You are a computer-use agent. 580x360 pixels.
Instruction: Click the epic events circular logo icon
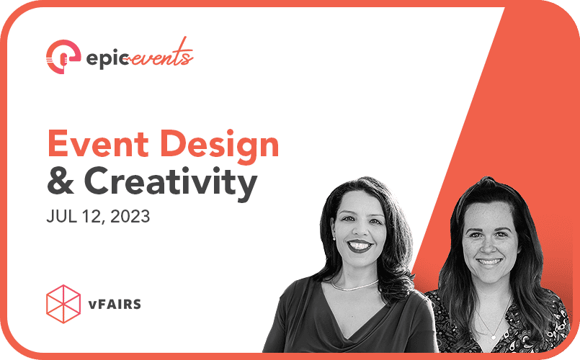pyautogui.click(x=63, y=56)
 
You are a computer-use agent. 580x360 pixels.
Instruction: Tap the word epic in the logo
pyautogui.click(x=105, y=58)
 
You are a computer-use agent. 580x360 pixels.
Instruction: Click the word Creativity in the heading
pyautogui.click(x=172, y=184)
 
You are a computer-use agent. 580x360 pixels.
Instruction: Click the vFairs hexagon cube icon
pyautogui.click(x=63, y=302)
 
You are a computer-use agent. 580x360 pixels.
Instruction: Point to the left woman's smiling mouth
pyautogui.click(x=359, y=246)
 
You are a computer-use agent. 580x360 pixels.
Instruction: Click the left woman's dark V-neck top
pyautogui.click(x=339, y=324)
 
